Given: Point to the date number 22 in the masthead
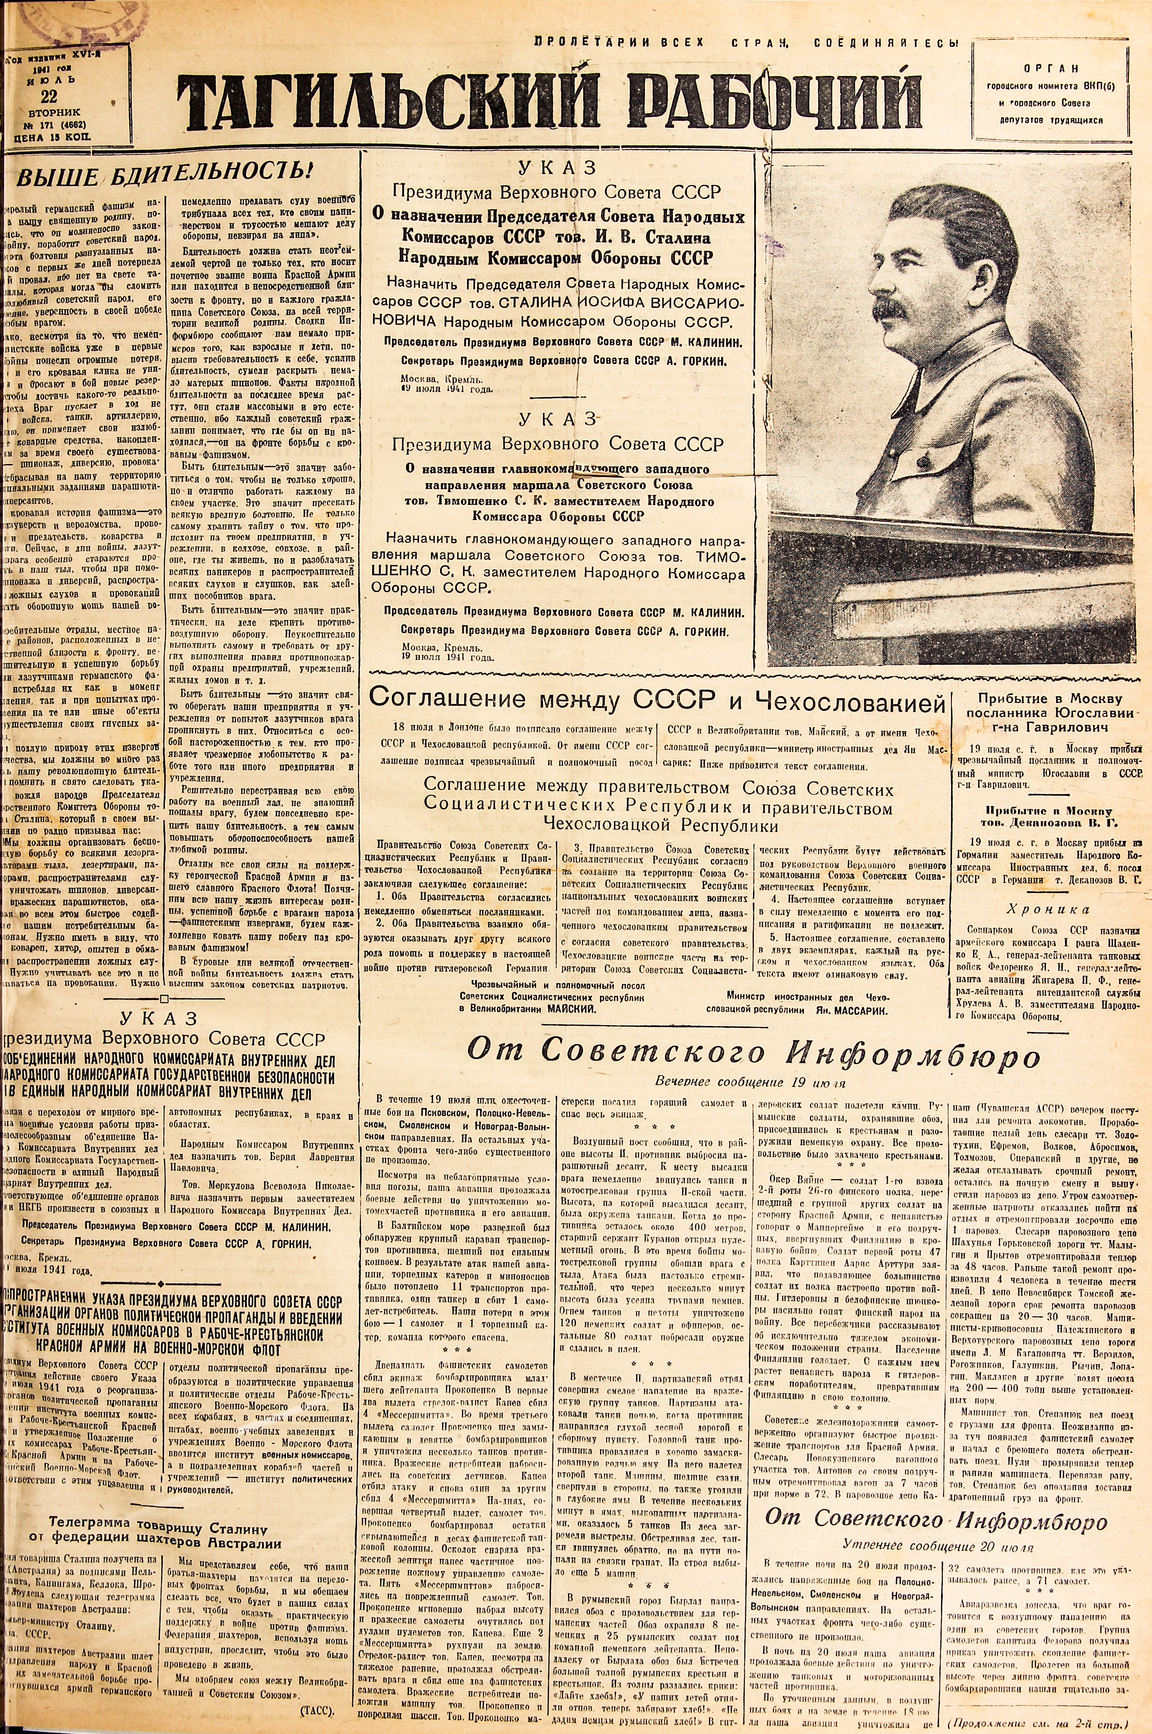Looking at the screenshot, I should click(49, 95).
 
